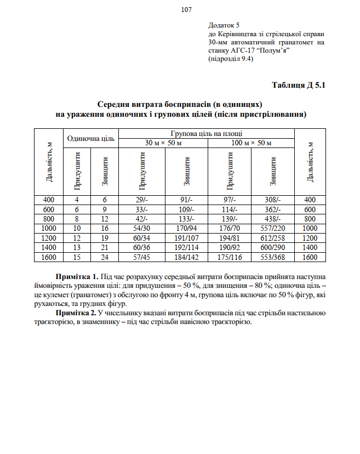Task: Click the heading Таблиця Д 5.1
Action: (299, 85)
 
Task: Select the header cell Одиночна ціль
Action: (90, 138)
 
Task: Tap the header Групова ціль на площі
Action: (207, 133)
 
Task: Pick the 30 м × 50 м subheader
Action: (163, 143)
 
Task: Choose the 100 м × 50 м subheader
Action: (252, 143)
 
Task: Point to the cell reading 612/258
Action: (273, 238)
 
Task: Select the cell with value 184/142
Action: (186, 257)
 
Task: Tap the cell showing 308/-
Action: (273, 200)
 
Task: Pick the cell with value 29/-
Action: (142, 200)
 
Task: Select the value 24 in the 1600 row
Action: (105, 257)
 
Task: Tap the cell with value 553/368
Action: (273, 257)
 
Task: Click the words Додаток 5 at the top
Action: (225, 26)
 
